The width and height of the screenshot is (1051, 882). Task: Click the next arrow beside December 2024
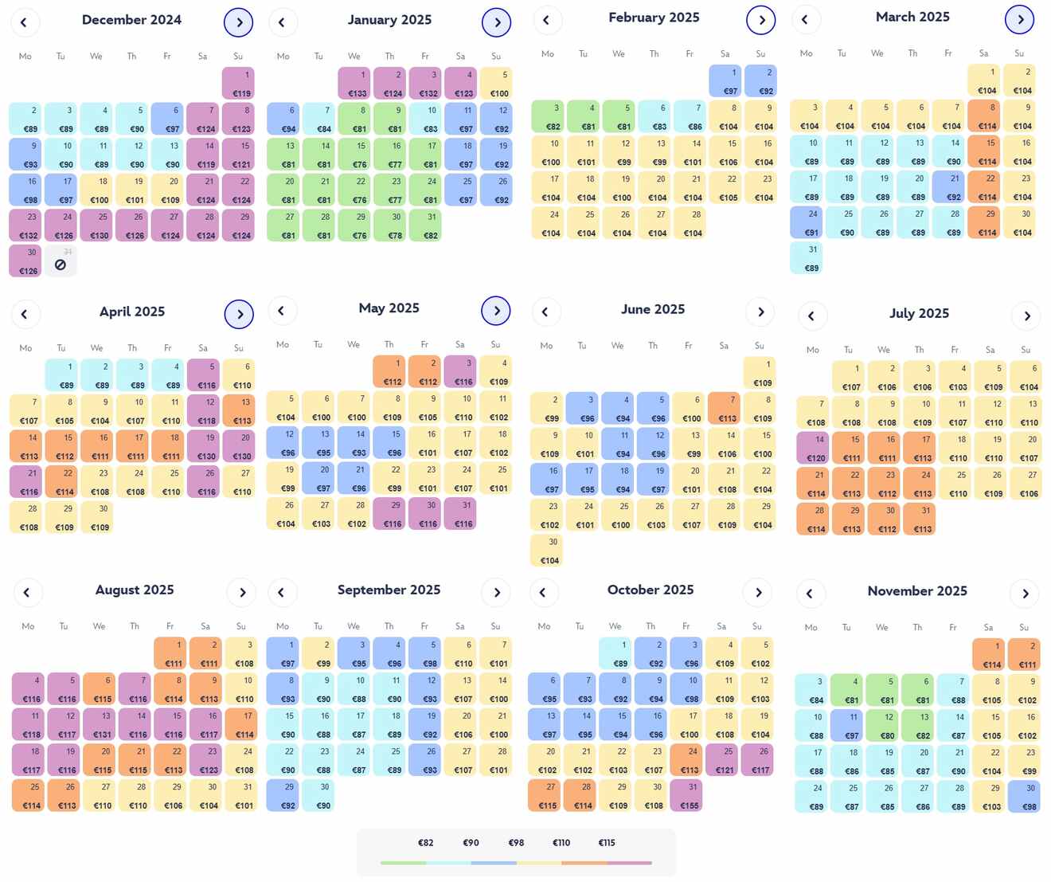pyautogui.click(x=239, y=22)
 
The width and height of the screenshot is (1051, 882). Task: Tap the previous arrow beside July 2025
pyautogui.click(x=811, y=316)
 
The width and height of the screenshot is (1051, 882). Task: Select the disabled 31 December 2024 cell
pyautogui.click(x=61, y=261)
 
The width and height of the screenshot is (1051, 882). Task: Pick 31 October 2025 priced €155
pyautogui.click(x=686, y=796)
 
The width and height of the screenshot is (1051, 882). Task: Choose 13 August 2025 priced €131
pyautogui.click(x=100, y=724)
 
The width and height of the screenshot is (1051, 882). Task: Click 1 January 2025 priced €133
pyautogui.click(x=354, y=84)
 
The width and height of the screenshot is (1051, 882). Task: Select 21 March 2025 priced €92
pyautogui.click(x=948, y=187)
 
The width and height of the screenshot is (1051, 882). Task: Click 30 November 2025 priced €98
pyautogui.click(x=1024, y=797)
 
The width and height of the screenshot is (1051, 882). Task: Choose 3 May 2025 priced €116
pyautogui.click(x=460, y=372)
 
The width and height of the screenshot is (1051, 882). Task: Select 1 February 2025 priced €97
pyautogui.click(x=725, y=81)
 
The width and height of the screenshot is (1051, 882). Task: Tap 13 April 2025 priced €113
pyautogui.click(x=239, y=411)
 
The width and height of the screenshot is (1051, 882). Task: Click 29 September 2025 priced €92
pyautogui.click(x=283, y=796)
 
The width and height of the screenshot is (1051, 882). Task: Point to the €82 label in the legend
pyautogui.click(x=426, y=843)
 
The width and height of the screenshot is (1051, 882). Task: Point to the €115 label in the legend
pyautogui.click(x=607, y=843)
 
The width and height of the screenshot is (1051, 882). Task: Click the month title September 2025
pyautogui.click(x=389, y=590)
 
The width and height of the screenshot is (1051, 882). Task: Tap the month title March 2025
pyautogui.click(x=912, y=17)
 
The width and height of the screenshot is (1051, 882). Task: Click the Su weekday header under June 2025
pyautogui.click(x=760, y=346)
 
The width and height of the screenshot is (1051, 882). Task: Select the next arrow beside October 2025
pyautogui.click(x=758, y=593)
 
